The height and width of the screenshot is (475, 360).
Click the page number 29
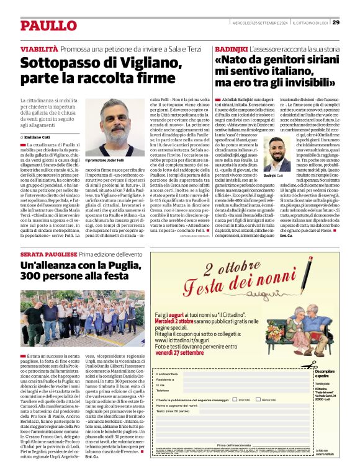[x=336, y=23]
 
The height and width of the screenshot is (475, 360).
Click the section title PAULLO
[x=48, y=25]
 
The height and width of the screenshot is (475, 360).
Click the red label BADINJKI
[x=231, y=48]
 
